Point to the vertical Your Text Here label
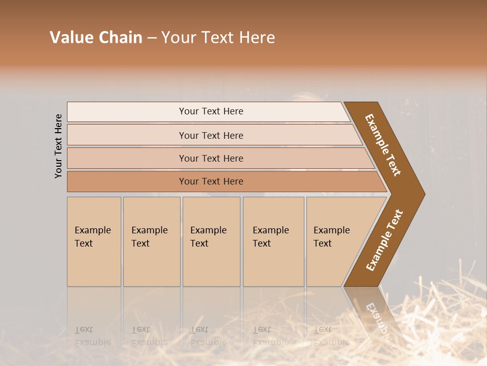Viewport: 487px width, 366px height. [x=58, y=146]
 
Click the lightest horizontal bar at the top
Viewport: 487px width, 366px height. [x=211, y=111]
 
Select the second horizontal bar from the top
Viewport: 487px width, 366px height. [x=211, y=135]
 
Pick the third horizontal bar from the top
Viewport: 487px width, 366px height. [x=211, y=158]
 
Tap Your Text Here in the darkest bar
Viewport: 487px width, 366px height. [x=211, y=181]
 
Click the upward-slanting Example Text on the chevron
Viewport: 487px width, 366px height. [x=385, y=240]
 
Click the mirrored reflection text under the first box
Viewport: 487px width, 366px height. [x=93, y=336]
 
